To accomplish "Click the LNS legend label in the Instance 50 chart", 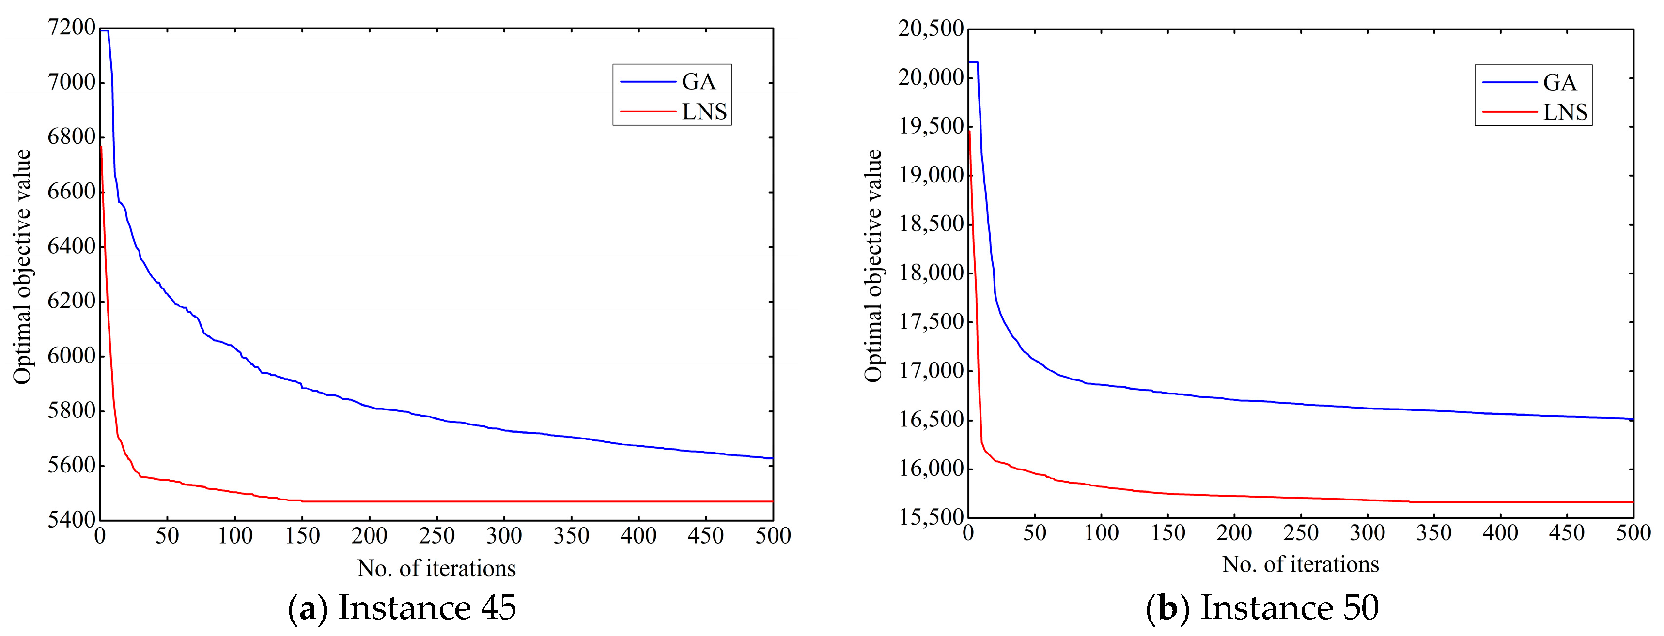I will pos(1565,112).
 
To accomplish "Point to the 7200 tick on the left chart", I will pos(71,27).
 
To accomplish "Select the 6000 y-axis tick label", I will pos(71,355).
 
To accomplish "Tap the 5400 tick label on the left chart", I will pos(71,519).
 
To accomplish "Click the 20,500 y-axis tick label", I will pos(930,29).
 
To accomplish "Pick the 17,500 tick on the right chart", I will pos(930,321).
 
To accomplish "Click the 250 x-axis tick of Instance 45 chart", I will pos(436,535).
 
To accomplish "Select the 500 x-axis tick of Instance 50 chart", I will pos(1633,533).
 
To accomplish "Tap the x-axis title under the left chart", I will pos(436,568).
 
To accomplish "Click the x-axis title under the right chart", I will pos(1300,564).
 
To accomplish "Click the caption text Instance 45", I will pos(427,607).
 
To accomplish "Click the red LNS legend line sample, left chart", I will pos(647,112).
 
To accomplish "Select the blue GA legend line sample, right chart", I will pos(1509,82).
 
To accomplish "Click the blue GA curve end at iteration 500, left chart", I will pos(771,458).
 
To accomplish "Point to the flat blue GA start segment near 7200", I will pos(104,30).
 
